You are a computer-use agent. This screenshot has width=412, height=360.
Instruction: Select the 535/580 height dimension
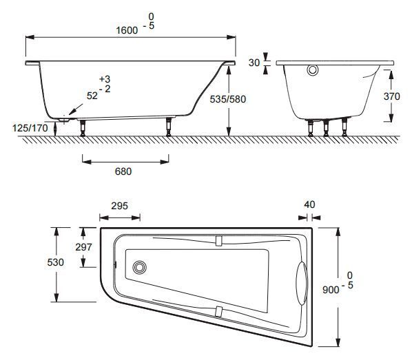click(227, 99)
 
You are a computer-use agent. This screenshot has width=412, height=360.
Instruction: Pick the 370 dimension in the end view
click(391, 97)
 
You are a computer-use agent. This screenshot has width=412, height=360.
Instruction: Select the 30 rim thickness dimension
click(254, 62)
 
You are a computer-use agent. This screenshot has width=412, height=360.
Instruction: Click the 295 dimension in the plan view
click(119, 207)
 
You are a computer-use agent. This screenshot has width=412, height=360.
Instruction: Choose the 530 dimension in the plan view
click(55, 263)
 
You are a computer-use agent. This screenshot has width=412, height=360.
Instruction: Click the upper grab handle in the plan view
click(218, 241)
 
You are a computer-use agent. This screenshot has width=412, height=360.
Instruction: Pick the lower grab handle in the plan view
click(218, 310)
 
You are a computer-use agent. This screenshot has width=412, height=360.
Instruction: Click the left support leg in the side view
click(83, 128)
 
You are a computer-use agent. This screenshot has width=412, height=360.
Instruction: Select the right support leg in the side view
click(167, 128)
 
